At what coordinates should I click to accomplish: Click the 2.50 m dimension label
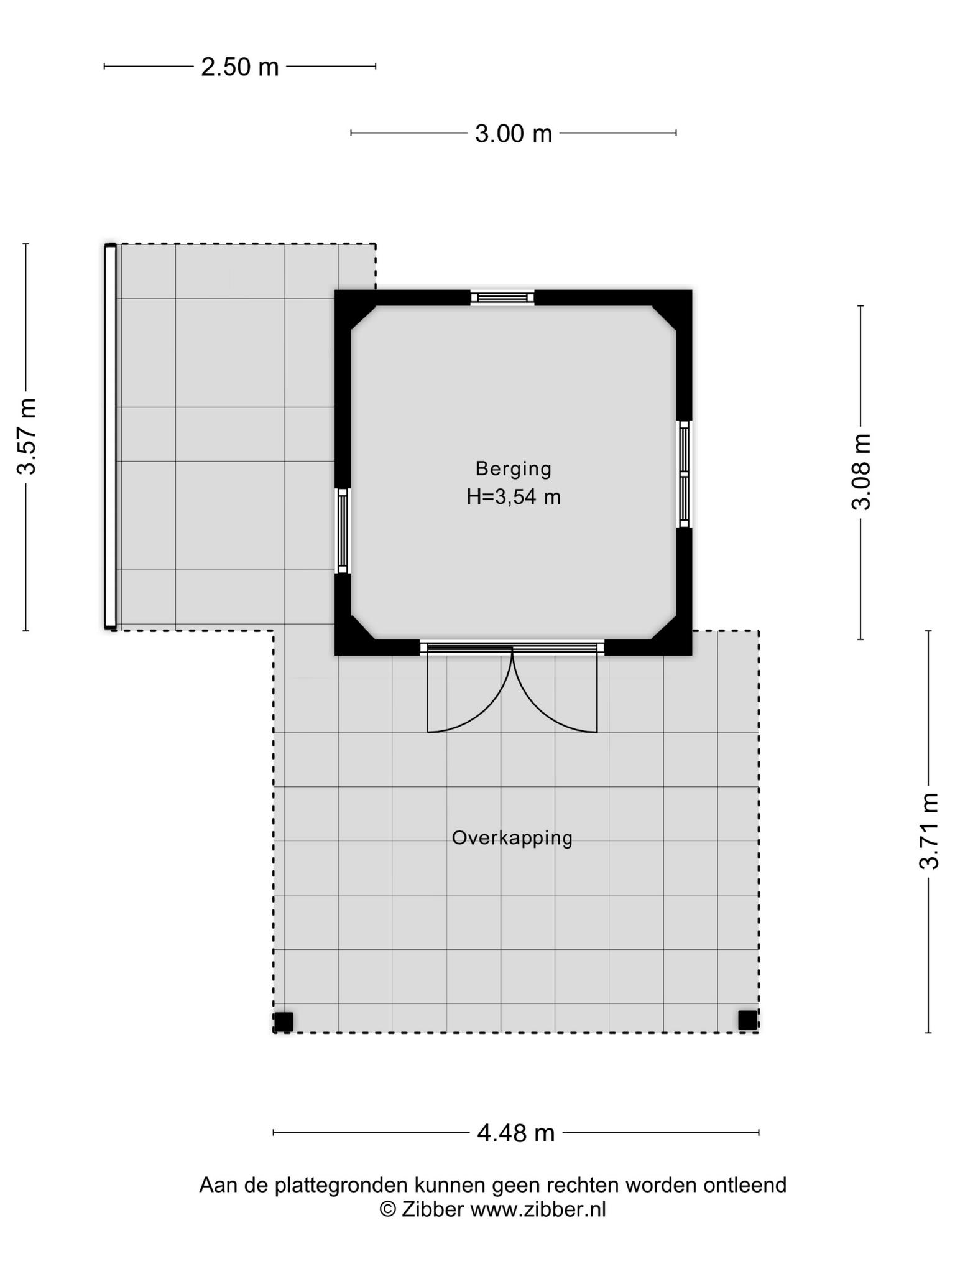coord(239,67)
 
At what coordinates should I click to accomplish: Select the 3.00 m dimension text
coord(514,134)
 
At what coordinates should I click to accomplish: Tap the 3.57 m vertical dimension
coord(27,436)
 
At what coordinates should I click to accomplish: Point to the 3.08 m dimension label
coord(861,472)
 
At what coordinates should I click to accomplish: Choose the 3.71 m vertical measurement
coord(930,830)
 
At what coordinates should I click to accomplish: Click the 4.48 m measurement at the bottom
coord(515,1133)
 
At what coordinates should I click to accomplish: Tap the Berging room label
coord(514,468)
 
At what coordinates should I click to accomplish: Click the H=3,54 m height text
coord(514,497)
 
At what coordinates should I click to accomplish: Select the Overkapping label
coord(512,838)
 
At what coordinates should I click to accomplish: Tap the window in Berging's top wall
coord(502,297)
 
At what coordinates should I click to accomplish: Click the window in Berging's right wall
coord(685,474)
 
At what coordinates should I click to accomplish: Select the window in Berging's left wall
coord(343,531)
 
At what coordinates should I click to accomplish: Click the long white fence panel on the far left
coord(110,437)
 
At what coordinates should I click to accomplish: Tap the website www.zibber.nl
coord(538,1209)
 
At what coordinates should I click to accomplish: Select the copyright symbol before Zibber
coord(388,1209)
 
